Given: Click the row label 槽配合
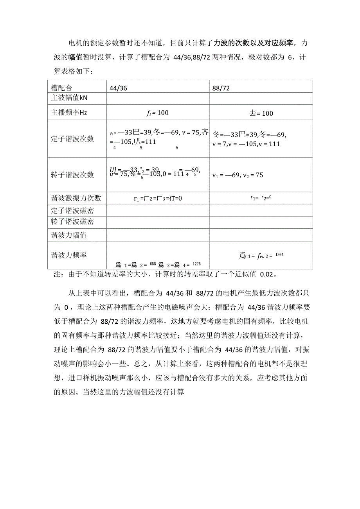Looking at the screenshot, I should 62,88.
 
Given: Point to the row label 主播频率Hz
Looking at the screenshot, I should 69,113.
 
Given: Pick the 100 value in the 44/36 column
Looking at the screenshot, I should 162,113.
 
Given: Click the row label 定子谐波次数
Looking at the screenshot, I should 72,139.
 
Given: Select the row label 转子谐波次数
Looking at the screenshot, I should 72,175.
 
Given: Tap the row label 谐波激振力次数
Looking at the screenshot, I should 76,198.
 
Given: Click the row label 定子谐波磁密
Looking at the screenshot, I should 72,211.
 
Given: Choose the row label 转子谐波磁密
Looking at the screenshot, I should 72,222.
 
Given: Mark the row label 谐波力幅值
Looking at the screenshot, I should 69,235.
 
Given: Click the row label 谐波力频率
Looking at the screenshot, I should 69,255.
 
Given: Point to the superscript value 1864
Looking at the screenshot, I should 279,255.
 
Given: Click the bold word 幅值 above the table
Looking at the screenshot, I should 75,57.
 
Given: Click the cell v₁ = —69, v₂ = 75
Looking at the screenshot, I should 238,175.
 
